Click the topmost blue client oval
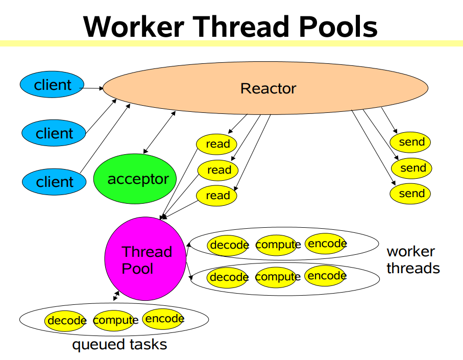pos(53,85)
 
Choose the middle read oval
pos(218,170)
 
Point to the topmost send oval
pos(411,142)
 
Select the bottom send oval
pos(411,194)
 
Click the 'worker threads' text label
pos(412,259)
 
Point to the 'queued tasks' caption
pos(119,344)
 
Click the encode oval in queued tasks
pos(163,319)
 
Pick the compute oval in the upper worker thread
pos(277,245)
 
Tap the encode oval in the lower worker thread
pos(326,276)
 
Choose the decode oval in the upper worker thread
pos(228,246)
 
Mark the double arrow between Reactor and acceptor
pos(160,132)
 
